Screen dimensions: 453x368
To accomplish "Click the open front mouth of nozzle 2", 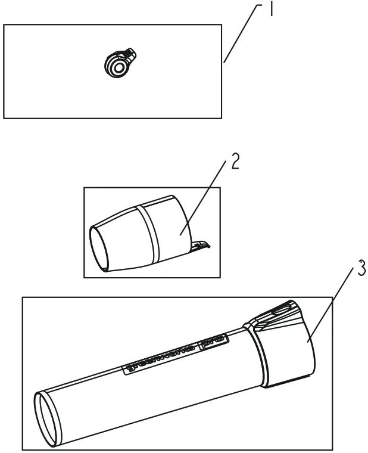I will tap(100, 248).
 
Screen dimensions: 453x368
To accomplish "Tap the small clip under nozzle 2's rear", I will tap(201, 245).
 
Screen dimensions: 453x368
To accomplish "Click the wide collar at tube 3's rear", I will tap(286, 355).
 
